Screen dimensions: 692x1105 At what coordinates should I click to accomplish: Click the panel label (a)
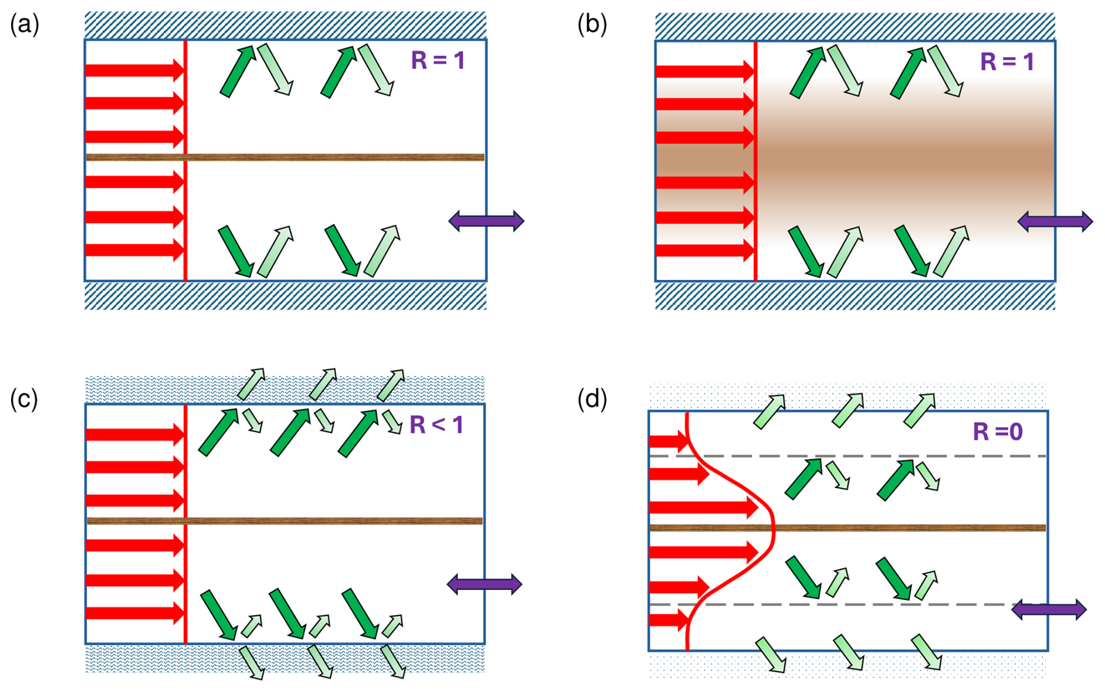coord(25,25)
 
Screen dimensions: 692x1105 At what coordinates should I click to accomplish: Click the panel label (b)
coord(592,25)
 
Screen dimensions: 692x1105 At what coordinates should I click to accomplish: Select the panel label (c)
coord(24,399)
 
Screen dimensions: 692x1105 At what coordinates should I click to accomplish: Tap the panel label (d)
coord(592,399)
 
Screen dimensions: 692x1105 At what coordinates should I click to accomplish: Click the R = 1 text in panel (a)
coord(438,61)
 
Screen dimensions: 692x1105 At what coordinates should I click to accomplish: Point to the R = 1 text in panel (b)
coord(1007,62)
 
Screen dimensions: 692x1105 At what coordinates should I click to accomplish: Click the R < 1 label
coord(436,425)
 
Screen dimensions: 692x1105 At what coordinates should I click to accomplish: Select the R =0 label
coord(998,432)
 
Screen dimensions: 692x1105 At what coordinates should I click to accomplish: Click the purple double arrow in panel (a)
coord(486,221)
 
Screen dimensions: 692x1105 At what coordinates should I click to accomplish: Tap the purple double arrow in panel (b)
coord(1055,221)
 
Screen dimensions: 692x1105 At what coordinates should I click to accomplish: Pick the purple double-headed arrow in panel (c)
coord(484,584)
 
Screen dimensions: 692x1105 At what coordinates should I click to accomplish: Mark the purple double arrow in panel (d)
coord(1048,610)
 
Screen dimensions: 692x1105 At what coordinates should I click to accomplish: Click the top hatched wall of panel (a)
coord(285,25)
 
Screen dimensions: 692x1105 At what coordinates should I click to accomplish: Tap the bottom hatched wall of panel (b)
coord(855,295)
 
